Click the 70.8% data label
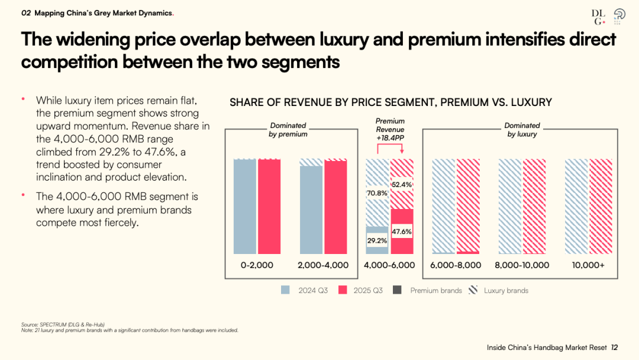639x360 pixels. [377, 193]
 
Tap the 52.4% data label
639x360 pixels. [402, 184]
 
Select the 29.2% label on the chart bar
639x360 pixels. [377, 240]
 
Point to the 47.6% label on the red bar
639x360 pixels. [402, 232]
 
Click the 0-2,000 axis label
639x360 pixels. [257, 265]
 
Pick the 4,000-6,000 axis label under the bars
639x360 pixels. [389, 265]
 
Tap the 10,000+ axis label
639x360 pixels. [588, 265]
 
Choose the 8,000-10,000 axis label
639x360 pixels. [522, 265]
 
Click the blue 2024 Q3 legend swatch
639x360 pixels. [285, 290]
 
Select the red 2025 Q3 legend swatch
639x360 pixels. [343, 290]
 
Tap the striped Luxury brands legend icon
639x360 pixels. [473, 290]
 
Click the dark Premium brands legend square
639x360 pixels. [397, 290]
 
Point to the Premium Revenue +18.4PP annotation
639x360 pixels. [390, 130]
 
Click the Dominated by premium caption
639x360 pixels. [288, 130]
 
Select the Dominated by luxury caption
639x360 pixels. [522, 130]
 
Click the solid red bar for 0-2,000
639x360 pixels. [269, 207]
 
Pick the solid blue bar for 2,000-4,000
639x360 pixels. [311, 210]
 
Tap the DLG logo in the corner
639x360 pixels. [598, 17]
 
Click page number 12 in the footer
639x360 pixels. [614, 348]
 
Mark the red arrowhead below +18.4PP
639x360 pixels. [402, 151]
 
